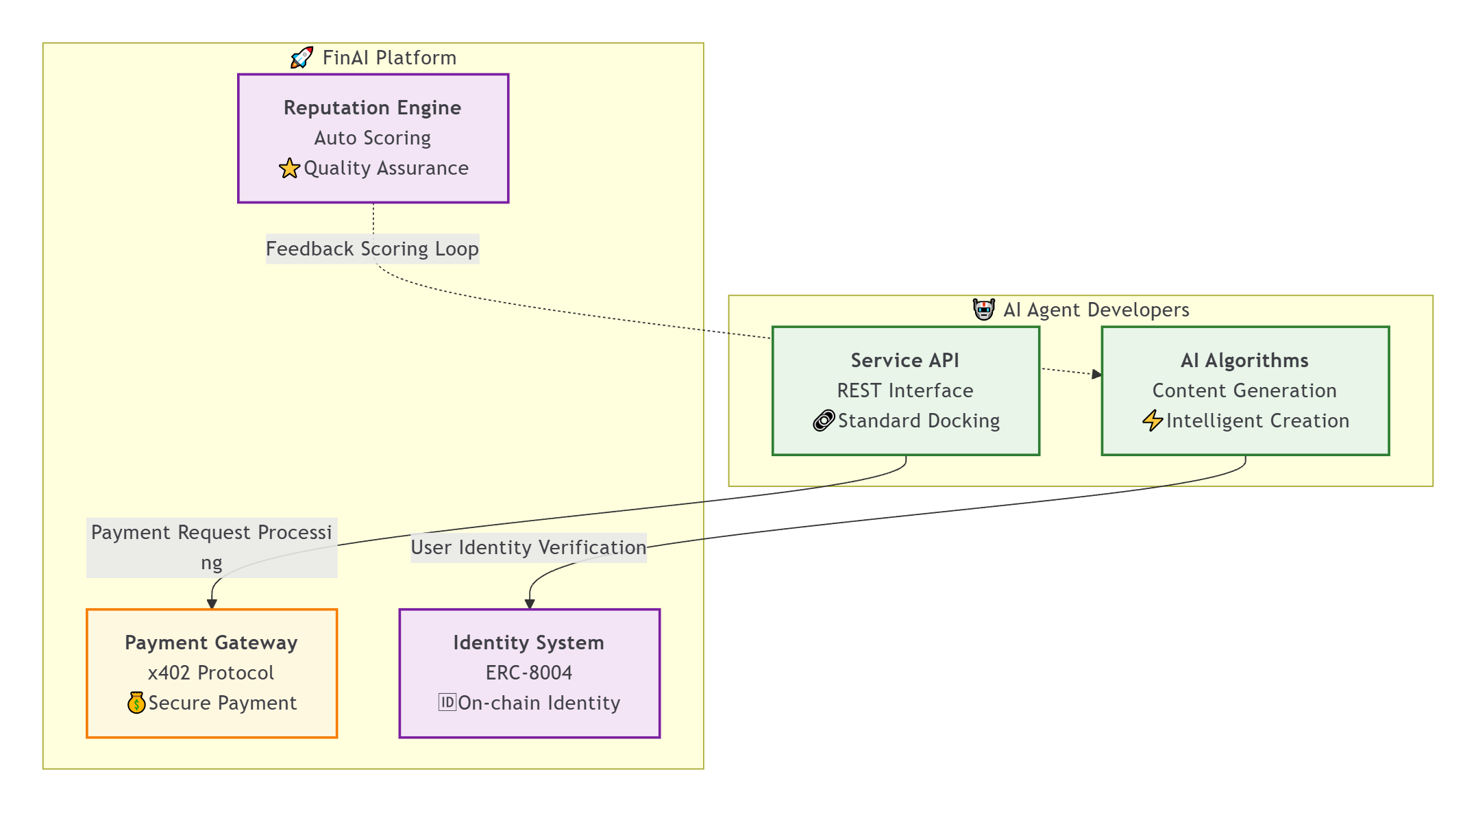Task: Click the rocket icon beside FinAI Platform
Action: (302, 58)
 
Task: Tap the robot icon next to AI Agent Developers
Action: (984, 310)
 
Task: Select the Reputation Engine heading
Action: (372, 108)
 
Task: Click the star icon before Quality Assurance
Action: (289, 168)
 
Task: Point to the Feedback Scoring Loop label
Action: (372, 249)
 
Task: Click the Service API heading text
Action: (905, 360)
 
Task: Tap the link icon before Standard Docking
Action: (824, 421)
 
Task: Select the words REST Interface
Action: (905, 390)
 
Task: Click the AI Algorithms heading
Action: (1244, 360)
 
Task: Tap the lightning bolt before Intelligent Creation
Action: (1153, 421)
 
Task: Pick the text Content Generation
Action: (1244, 390)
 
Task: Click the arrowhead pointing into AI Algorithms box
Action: (1097, 374)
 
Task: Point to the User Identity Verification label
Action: (528, 547)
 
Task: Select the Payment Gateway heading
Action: (211, 642)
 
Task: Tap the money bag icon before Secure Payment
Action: (136, 703)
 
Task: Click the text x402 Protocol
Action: (211, 673)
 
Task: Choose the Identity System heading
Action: (528, 642)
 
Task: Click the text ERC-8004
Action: (528, 673)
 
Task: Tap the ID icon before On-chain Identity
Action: (447, 702)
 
